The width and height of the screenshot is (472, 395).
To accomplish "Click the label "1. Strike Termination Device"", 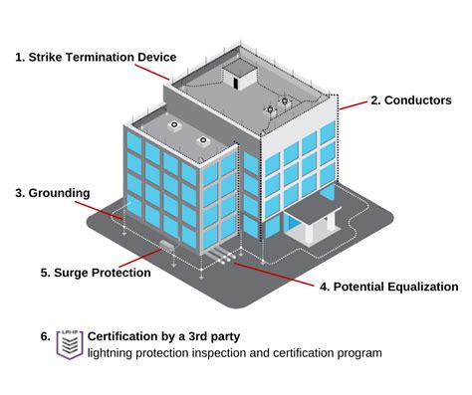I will point(96,57).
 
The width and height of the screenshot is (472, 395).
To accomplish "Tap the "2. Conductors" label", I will point(410,100).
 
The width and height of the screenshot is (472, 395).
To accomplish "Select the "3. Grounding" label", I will point(53,192).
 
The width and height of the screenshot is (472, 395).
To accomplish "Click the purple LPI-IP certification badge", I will point(70,344).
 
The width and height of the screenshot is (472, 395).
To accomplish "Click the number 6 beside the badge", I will point(46,336).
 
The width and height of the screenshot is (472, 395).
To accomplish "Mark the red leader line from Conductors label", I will point(354,102).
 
